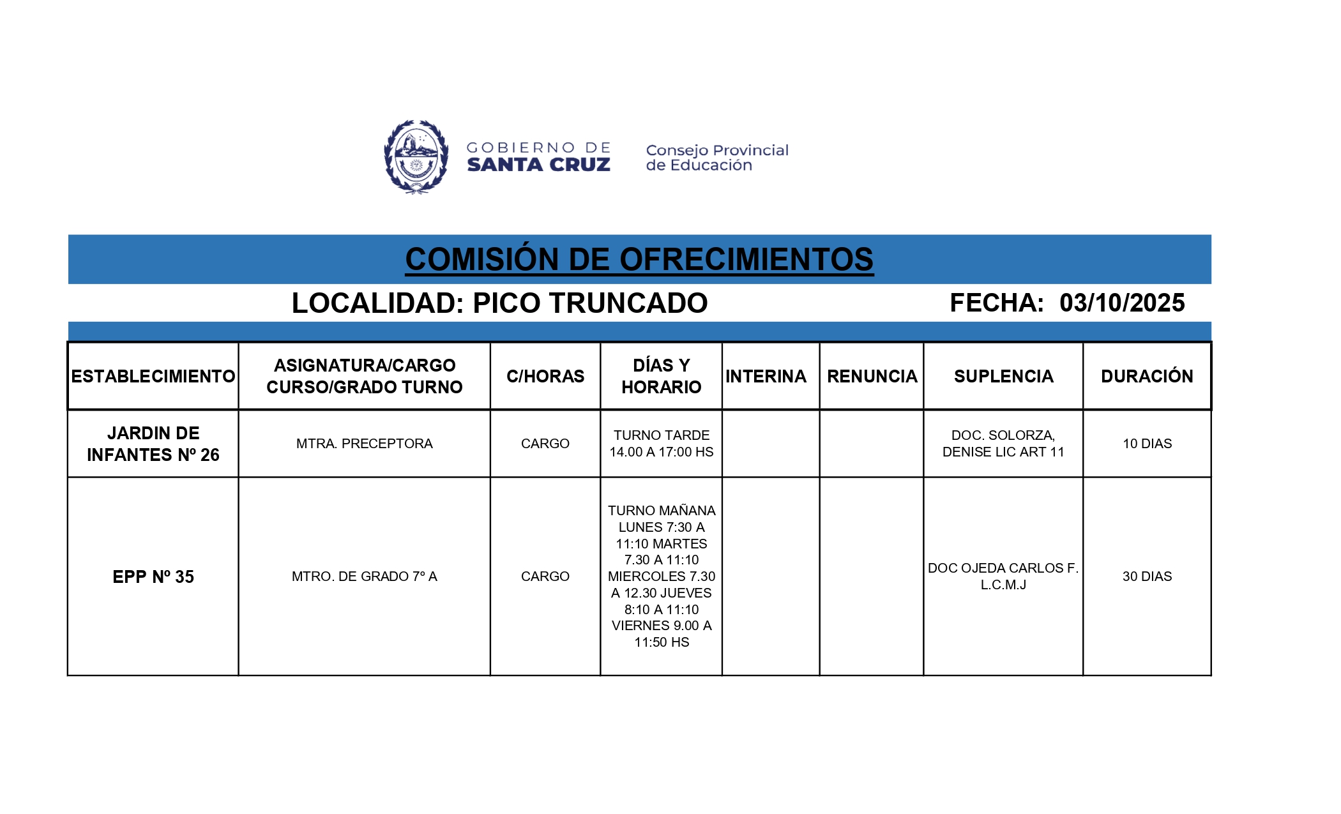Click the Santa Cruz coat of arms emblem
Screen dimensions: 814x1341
(x=416, y=156)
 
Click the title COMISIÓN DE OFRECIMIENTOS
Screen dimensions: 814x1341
(x=639, y=260)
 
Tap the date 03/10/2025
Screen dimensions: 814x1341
(x=1122, y=303)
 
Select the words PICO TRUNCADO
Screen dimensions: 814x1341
(x=590, y=303)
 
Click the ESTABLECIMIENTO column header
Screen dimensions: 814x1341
(x=153, y=376)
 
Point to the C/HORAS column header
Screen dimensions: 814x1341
(x=545, y=376)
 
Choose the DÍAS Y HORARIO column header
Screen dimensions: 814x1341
(x=661, y=376)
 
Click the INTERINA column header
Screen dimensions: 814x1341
(x=766, y=376)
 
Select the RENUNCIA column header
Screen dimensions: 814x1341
(x=872, y=376)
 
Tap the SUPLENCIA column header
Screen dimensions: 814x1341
(x=1003, y=376)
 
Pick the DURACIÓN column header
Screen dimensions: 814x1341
(x=1147, y=376)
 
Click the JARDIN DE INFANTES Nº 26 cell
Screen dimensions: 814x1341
(x=153, y=444)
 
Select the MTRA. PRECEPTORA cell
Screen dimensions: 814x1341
(x=364, y=444)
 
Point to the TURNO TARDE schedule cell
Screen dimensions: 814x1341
(x=661, y=444)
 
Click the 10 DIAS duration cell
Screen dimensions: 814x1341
(x=1147, y=444)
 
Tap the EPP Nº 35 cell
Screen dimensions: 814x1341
(x=153, y=577)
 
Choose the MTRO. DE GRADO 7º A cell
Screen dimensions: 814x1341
(x=364, y=577)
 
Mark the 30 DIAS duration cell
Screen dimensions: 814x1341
(x=1147, y=577)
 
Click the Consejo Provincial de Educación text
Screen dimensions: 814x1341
(x=717, y=158)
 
